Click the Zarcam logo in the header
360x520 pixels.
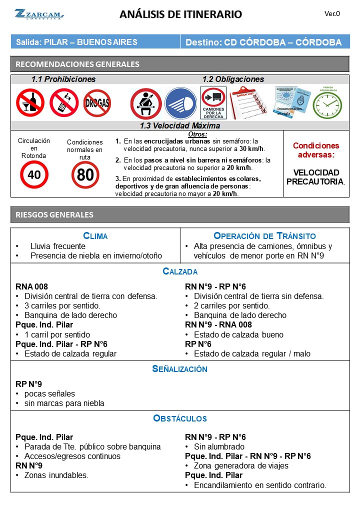pos(39,14)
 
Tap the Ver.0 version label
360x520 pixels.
pos(332,14)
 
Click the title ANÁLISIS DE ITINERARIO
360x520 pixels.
pos(180,14)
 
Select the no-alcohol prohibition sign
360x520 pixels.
pos(29,102)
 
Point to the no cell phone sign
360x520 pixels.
pos(63,102)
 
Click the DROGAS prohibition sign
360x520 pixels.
pos(97,102)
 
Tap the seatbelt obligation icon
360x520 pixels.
pos(145,103)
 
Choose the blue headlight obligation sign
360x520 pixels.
pos(180,103)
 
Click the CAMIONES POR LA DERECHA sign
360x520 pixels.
pos(213,103)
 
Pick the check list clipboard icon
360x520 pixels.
pos(248,102)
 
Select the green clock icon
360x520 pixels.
pos(327,103)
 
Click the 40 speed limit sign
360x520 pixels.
pos(34,174)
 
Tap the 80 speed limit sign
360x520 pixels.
pos(85,175)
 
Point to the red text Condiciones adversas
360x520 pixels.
pos(315,150)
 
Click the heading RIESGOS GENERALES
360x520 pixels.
pos(55,214)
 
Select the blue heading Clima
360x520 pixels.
pos(95,236)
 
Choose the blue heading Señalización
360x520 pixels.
pos(179,369)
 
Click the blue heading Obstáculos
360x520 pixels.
pos(179,418)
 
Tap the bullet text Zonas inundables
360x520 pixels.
pos(56,475)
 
